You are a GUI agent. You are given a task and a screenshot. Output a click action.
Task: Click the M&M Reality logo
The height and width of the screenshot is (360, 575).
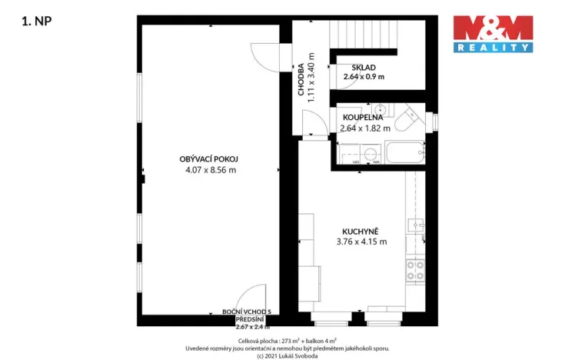point(492,33)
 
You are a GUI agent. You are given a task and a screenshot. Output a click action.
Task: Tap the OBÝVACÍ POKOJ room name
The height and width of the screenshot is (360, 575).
point(210,158)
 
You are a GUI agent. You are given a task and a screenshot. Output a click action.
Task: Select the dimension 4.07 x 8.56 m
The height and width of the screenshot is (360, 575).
point(210,170)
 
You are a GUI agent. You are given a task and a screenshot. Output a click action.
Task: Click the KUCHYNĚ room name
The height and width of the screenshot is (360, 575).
point(361,230)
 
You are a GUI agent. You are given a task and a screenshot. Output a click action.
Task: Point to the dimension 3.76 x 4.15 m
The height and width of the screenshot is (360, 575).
point(361,242)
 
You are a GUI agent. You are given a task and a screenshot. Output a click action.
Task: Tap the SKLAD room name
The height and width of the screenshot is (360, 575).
point(364,67)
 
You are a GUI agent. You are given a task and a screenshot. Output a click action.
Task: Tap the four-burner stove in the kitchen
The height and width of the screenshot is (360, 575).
point(415,268)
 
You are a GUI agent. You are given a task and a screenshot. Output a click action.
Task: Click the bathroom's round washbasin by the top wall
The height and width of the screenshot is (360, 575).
point(380,108)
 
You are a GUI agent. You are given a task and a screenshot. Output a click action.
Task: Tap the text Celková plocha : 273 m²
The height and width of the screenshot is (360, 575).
point(267,339)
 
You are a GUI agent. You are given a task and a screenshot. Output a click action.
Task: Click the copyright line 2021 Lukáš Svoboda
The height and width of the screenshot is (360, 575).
point(287,355)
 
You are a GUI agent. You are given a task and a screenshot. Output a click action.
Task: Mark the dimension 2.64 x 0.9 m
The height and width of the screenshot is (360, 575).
point(364,77)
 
